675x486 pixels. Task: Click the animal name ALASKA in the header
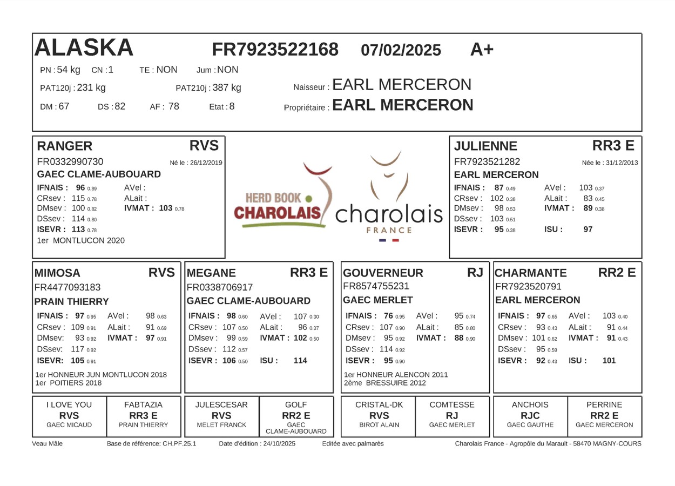(84, 48)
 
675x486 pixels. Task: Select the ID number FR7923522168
(275, 49)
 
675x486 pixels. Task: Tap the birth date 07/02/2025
(401, 50)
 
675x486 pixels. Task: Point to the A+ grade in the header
(482, 49)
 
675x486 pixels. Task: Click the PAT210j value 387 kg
(227, 87)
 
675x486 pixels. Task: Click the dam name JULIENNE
(485, 146)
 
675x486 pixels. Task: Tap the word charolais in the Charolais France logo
(389, 214)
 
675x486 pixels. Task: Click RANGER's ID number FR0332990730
(70, 161)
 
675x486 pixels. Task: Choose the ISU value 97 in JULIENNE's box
(588, 229)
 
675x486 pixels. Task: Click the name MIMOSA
(57, 273)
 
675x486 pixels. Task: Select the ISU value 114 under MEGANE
(300, 360)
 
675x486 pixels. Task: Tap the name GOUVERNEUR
(383, 273)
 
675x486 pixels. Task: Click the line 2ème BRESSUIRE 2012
(384, 383)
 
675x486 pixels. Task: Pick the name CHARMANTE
(531, 273)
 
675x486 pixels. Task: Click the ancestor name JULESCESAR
(221, 404)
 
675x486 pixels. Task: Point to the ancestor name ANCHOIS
(530, 404)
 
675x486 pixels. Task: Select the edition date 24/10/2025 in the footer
(279, 444)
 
